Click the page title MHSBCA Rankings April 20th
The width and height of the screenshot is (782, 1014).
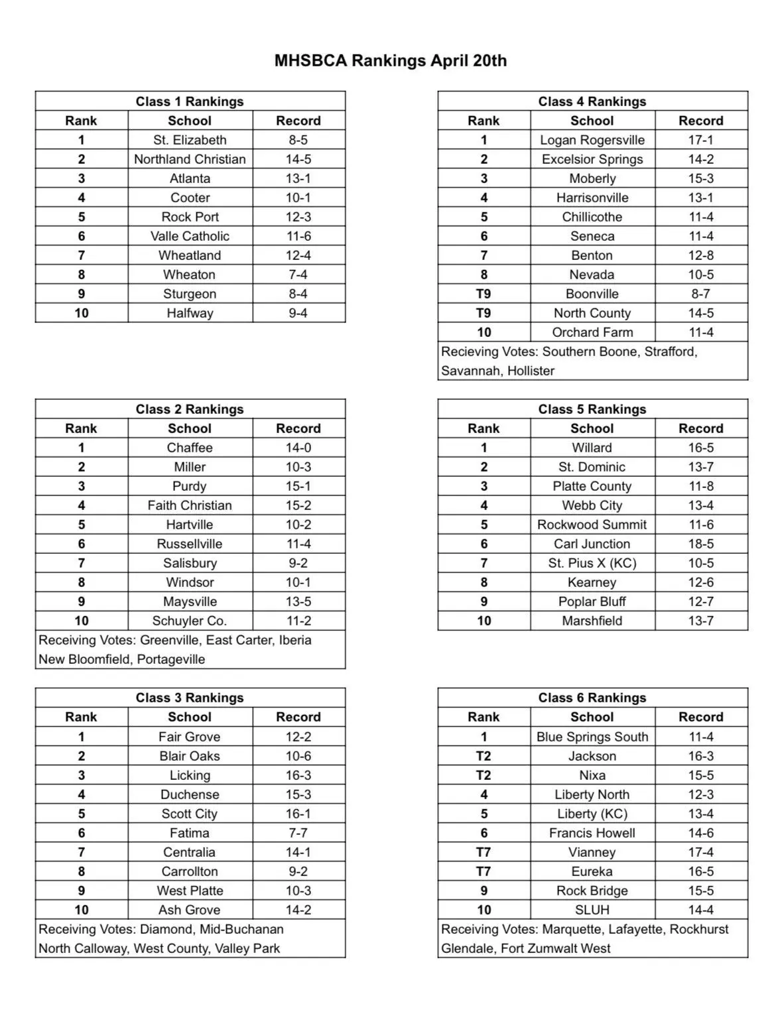point(391,61)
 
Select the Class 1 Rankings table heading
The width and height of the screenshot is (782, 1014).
point(190,101)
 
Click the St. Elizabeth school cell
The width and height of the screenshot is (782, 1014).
point(190,140)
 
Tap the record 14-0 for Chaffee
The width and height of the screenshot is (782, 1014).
point(298,448)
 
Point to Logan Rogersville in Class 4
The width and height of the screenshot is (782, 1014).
point(592,140)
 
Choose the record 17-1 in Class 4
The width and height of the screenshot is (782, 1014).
point(701,140)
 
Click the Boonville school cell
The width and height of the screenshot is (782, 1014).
point(592,294)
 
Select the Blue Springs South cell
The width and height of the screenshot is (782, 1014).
point(592,737)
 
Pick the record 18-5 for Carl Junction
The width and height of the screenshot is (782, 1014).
point(701,544)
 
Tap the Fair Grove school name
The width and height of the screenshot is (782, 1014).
point(190,737)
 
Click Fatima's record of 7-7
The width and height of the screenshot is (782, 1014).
point(298,833)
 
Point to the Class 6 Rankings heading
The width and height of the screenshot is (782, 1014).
point(592,698)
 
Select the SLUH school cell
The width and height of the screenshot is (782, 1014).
point(592,910)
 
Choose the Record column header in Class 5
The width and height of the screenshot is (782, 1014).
point(701,428)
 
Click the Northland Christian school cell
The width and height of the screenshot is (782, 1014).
point(190,159)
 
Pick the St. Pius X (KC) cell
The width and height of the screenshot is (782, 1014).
point(592,563)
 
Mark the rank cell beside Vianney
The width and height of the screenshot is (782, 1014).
point(484,852)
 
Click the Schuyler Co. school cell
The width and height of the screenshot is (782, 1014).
point(190,621)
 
